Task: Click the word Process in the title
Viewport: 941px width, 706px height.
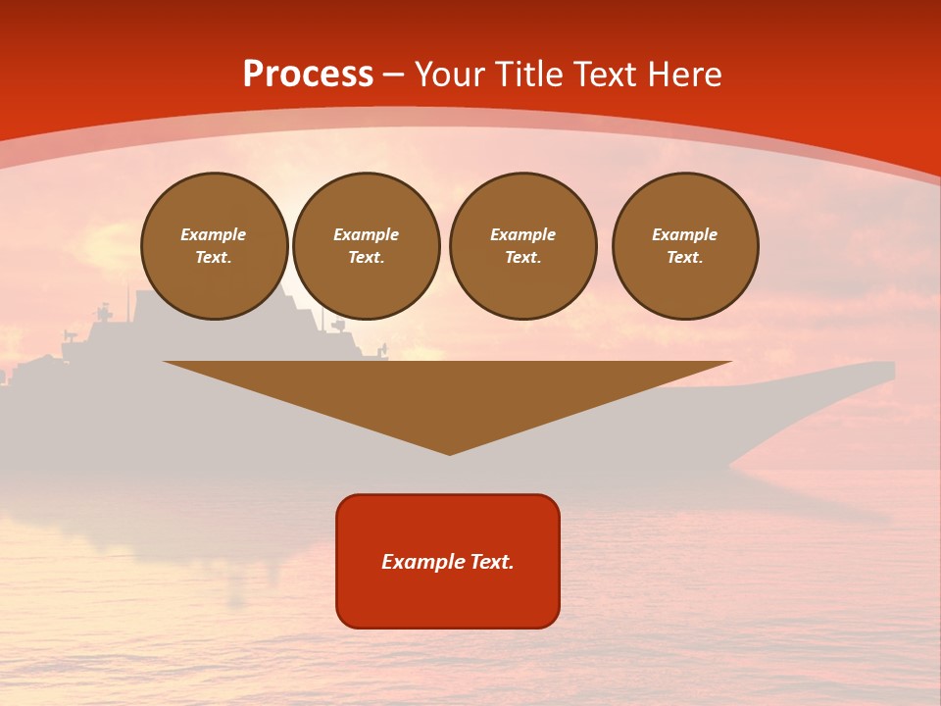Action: tap(308, 75)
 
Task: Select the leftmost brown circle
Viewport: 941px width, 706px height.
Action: tap(215, 246)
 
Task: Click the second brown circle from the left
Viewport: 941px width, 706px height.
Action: tap(367, 246)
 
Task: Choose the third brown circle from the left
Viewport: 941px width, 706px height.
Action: tap(523, 246)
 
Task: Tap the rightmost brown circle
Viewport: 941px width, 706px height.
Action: tap(685, 246)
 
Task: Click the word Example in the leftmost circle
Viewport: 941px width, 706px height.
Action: tap(214, 234)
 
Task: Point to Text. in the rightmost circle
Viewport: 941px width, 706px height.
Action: tap(685, 258)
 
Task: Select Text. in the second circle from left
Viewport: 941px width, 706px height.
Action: tap(367, 258)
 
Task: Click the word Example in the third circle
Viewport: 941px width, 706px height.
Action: tap(523, 234)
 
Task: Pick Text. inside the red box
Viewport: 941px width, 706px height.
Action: tap(491, 562)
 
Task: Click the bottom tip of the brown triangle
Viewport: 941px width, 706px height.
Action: tap(449, 453)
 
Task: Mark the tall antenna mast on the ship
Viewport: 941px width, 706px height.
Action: tap(126, 294)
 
